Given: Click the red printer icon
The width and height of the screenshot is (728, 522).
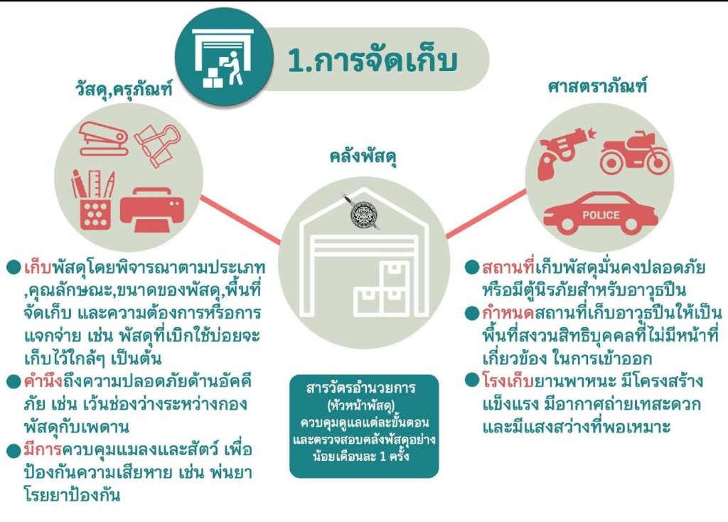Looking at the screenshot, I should pos(151,206).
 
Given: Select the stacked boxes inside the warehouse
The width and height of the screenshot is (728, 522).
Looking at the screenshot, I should pos(382,288).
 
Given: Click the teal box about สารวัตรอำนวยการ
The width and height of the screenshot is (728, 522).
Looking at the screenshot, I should pos(363,425).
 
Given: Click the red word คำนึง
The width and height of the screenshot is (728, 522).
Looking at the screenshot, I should pos(44,380).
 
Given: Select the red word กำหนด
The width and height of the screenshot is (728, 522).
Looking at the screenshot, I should pos(500,314).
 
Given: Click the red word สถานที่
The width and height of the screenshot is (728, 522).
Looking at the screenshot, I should pos(507,268).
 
